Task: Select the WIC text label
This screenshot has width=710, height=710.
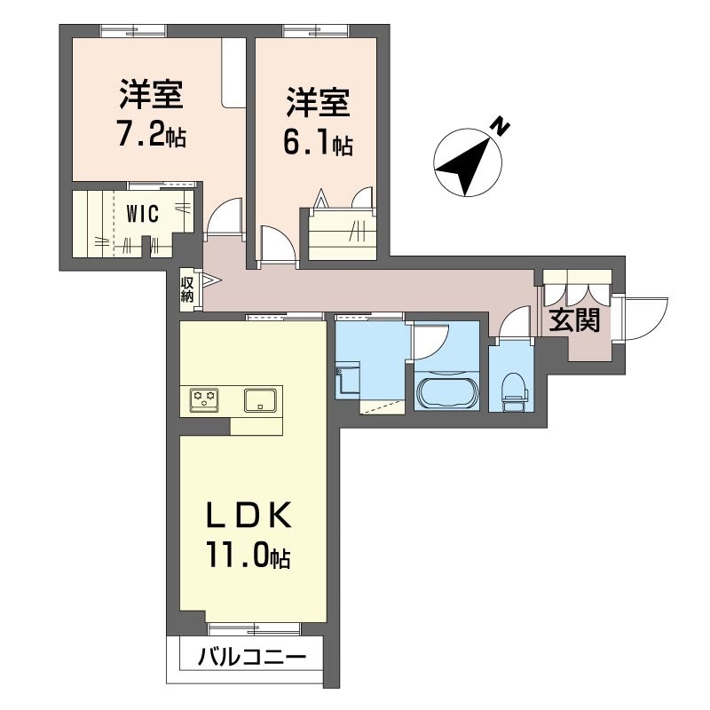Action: tap(141, 213)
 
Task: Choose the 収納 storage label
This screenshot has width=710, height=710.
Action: tap(187, 289)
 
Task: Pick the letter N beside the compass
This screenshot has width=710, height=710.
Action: tap(501, 127)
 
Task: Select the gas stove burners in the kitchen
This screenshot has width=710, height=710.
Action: tap(202, 401)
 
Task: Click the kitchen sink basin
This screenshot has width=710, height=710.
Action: tap(261, 400)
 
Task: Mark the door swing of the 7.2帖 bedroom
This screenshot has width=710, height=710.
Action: tap(224, 217)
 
